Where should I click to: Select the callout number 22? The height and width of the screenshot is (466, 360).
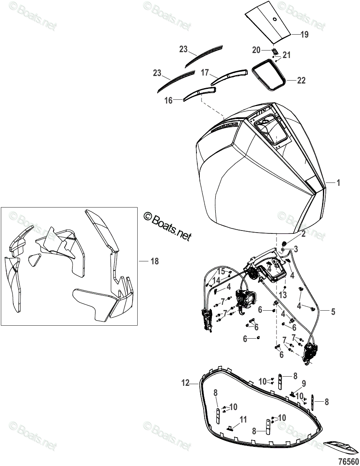tap(301, 81)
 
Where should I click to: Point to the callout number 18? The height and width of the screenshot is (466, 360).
tap(154, 261)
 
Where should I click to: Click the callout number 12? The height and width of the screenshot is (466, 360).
tap(186, 382)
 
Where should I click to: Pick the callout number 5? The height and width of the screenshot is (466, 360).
tap(333, 311)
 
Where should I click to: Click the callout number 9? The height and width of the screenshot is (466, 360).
tap(304, 383)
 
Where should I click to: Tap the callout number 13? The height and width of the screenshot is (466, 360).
tap(284, 295)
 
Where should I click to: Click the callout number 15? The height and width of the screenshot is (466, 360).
tap(221, 272)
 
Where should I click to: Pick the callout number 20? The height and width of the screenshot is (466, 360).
tap(256, 50)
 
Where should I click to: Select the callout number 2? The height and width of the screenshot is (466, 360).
tap(304, 235)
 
